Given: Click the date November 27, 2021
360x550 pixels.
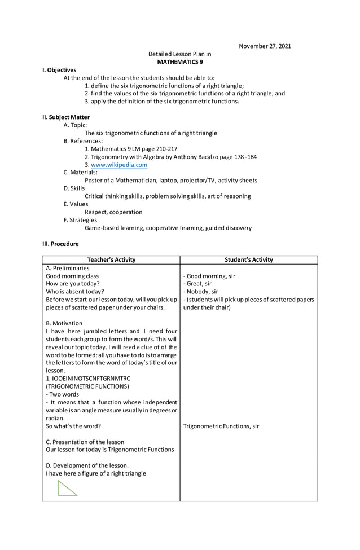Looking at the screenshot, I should click(265, 46).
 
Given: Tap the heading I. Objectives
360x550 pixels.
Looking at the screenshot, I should click(59, 69).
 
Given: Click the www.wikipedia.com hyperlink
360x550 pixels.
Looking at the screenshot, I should click(119, 165).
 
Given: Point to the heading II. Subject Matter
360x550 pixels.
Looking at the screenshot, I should click(66, 117).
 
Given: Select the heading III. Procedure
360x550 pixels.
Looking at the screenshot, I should click(60, 244).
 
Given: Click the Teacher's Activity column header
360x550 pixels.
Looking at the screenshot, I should click(111, 260).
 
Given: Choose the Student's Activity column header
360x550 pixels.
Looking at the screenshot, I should click(248, 260).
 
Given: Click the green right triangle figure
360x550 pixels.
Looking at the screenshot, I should click(67, 487).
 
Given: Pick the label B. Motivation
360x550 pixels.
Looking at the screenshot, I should click(64, 323).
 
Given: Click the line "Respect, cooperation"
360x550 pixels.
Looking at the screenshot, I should click(113, 212).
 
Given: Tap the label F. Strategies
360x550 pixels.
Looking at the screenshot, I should click(80, 220).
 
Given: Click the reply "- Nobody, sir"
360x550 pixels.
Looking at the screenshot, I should click(200, 292).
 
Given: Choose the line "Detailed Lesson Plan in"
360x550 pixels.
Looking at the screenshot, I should click(179, 54).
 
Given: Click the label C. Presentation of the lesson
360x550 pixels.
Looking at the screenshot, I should click(85, 442).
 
